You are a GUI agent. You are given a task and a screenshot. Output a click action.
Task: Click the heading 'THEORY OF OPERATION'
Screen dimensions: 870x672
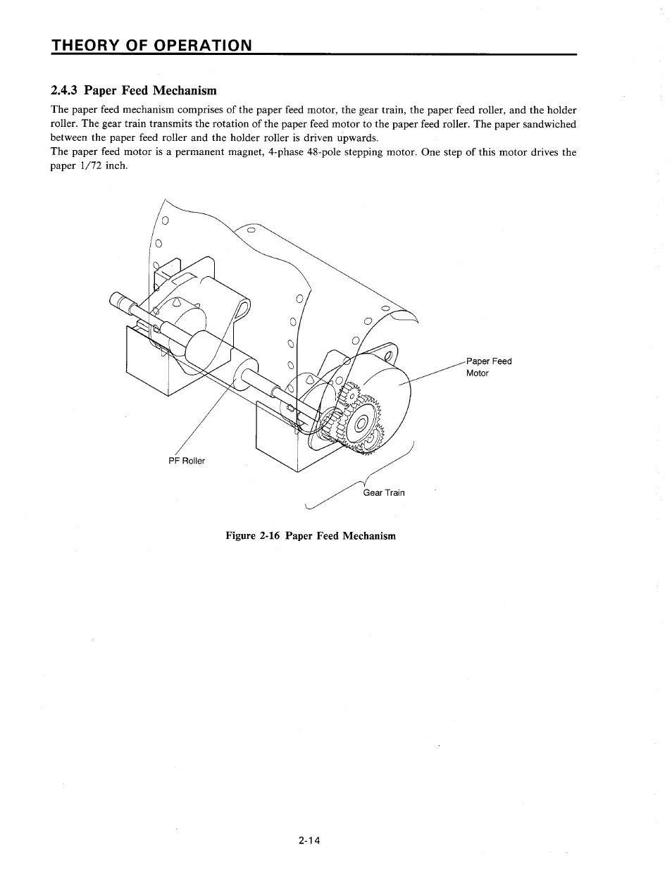(151, 45)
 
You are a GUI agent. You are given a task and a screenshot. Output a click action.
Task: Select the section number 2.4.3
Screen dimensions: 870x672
(66, 90)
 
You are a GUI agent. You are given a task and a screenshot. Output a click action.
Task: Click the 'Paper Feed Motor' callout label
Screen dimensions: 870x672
(488, 367)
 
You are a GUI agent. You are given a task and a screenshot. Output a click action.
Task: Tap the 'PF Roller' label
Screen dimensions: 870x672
(187, 461)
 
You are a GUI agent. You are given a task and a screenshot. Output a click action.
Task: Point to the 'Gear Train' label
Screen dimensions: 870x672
(384, 492)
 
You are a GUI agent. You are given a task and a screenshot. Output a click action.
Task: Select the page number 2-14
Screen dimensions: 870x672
(309, 840)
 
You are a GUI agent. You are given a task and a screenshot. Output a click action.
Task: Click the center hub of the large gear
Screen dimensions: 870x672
(361, 424)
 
